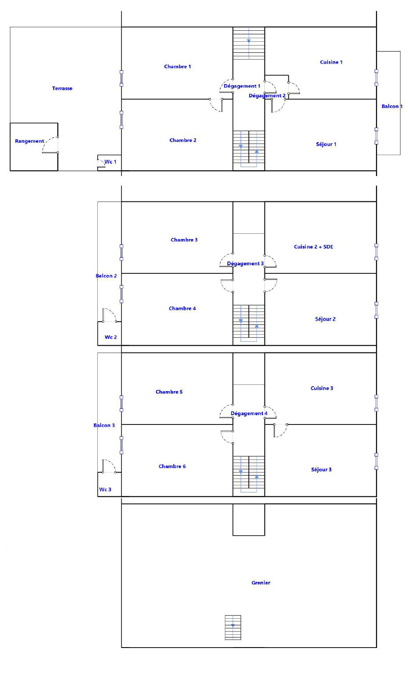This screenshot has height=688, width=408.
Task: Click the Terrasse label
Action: click(62, 88)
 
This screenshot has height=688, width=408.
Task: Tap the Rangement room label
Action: click(29, 141)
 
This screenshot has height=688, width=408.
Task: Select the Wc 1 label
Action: click(110, 162)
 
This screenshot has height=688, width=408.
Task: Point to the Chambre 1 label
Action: click(177, 66)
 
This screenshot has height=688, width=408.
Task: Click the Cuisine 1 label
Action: click(331, 62)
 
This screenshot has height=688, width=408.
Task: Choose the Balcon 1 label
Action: click(392, 106)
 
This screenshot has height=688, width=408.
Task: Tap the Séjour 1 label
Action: click(326, 144)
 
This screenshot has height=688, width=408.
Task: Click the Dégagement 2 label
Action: click(267, 96)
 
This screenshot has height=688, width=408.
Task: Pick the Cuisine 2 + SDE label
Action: click(313, 247)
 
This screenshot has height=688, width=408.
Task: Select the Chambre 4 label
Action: click(182, 308)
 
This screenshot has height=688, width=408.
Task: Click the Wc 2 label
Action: click(111, 337)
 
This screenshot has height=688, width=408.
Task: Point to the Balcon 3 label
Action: click(104, 425)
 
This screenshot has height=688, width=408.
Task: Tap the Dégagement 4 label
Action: click(249, 413)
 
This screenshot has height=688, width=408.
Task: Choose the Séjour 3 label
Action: click(321, 469)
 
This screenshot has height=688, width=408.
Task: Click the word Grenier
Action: click(261, 583)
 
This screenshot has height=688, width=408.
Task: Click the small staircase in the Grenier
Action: click(233, 628)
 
